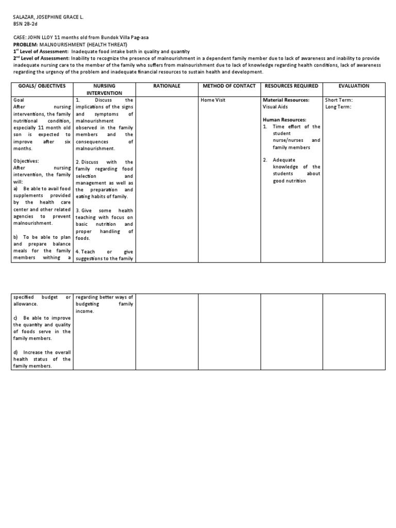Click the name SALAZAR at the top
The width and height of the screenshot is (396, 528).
pyautogui.click(x=23, y=17)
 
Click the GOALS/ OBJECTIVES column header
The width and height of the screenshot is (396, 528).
pyautogui.click(x=42, y=86)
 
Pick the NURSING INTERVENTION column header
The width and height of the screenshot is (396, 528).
pyautogui.click(x=104, y=89)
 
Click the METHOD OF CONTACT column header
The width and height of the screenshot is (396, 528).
pyautogui.click(x=229, y=86)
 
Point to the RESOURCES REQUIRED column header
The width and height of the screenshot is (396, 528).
pyautogui.click(x=291, y=86)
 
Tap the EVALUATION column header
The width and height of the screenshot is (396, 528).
pyautogui.click(x=354, y=86)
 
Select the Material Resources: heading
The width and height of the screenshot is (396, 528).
pyautogui.click(x=286, y=100)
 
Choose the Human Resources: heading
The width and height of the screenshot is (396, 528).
pyautogui.click(x=285, y=120)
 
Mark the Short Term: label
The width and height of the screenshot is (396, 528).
pyautogui.click(x=339, y=100)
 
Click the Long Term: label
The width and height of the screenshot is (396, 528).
pyautogui.click(x=339, y=107)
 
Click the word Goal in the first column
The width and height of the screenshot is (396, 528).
pyautogui.click(x=19, y=100)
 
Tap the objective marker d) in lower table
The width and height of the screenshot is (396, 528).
pyautogui.click(x=16, y=352)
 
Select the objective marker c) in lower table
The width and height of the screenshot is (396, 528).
pyautogui.click(x=16, y=318)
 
